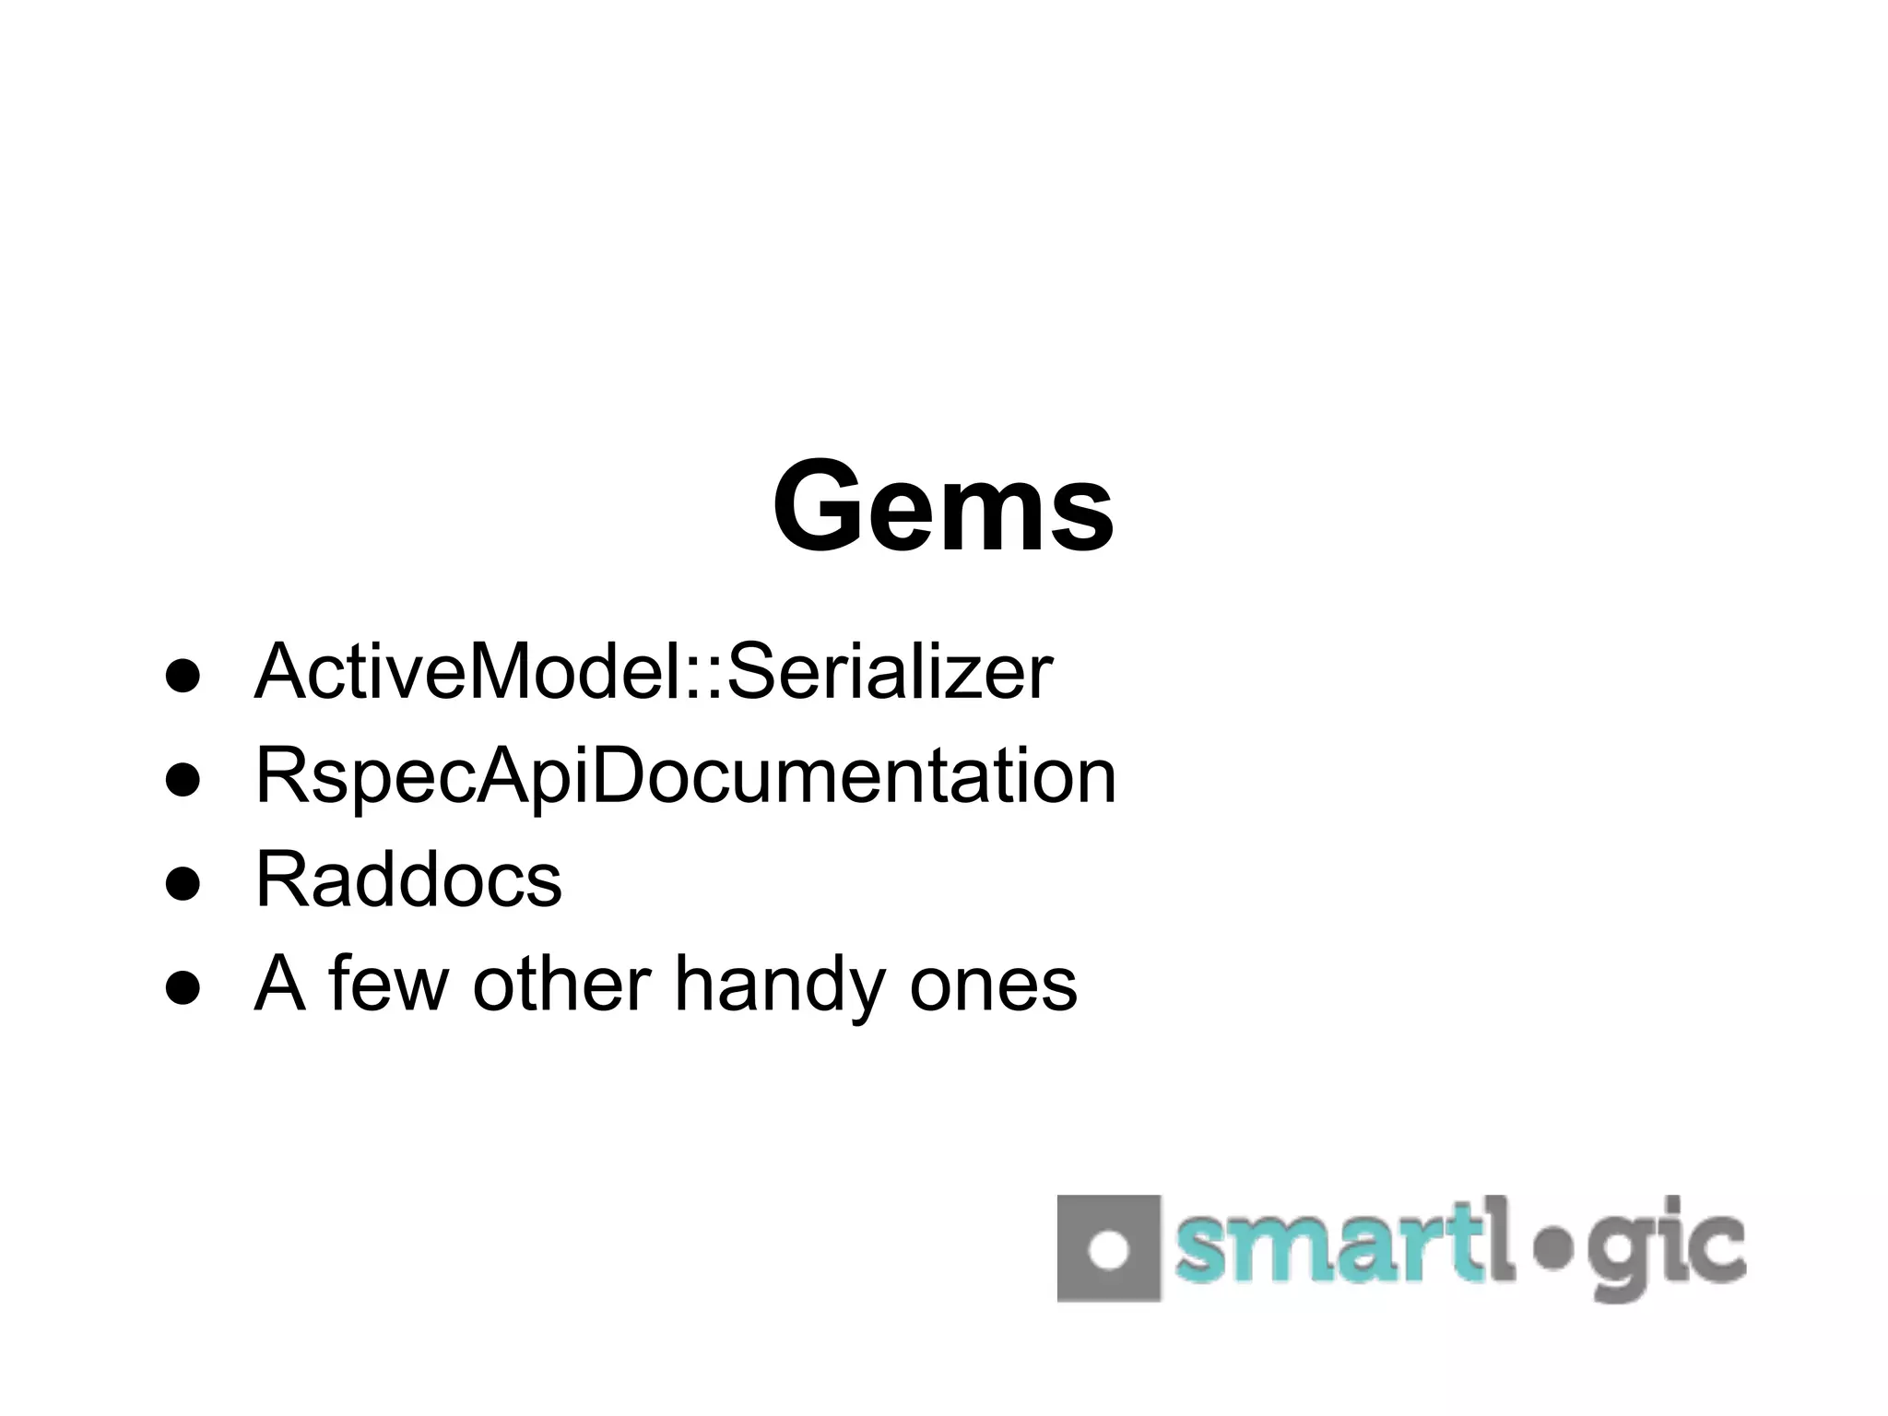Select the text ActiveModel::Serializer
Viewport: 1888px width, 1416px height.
pyautogui.click(x=653, y=672)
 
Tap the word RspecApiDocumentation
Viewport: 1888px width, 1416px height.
pyautogui.click(x=685, y=776)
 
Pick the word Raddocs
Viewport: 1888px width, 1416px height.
pyautogui.click(x=407, y=879)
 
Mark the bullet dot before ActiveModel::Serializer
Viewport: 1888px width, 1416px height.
pyautogui.click(x=183, y=675)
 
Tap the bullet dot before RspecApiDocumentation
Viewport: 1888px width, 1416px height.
pyautogui.click(x=183, y=779)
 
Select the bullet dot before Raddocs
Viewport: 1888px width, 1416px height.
pyautogui.click(x=183, y=882)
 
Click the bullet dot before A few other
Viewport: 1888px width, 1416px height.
pyautogui.click(x=183, y=986)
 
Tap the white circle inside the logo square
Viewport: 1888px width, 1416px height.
pyautogui.click(x=1108, y=1249)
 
